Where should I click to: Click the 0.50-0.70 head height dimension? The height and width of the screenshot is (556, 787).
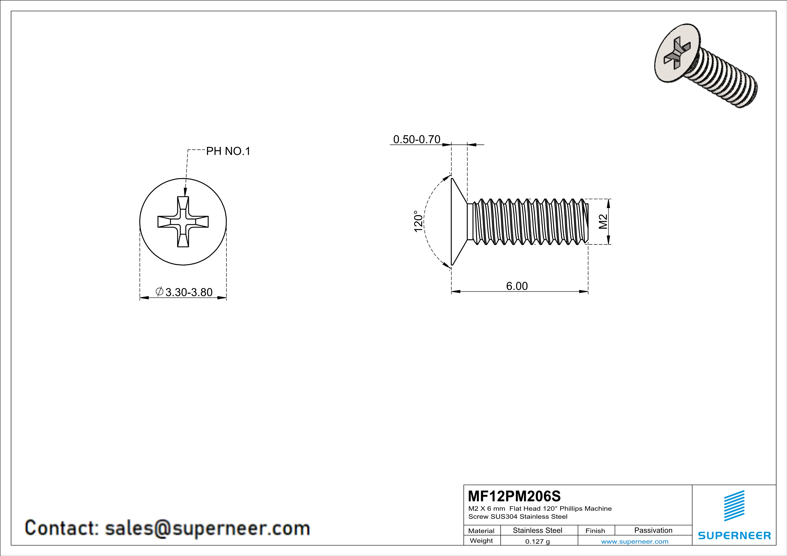(417, 139)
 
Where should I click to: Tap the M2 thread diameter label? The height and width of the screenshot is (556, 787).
(603, 222)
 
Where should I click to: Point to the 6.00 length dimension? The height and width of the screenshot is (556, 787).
(517, 286)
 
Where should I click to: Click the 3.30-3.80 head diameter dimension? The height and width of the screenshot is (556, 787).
(189, 292)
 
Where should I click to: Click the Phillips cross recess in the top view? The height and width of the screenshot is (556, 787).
(183, 222)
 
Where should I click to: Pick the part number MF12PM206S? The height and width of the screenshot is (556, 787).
(514, 496)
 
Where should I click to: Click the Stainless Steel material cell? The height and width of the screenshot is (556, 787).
(537, 530)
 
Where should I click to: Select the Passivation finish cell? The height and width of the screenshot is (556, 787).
(653, 530)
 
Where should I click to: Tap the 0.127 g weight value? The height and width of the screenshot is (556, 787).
(537, 541)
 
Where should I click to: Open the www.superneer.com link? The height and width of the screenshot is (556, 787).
(634, 541)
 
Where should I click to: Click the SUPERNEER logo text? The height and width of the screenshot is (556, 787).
(734, 535)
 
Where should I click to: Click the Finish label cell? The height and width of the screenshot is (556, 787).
(595, 531)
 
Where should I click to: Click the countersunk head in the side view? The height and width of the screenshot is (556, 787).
(459, 222)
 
